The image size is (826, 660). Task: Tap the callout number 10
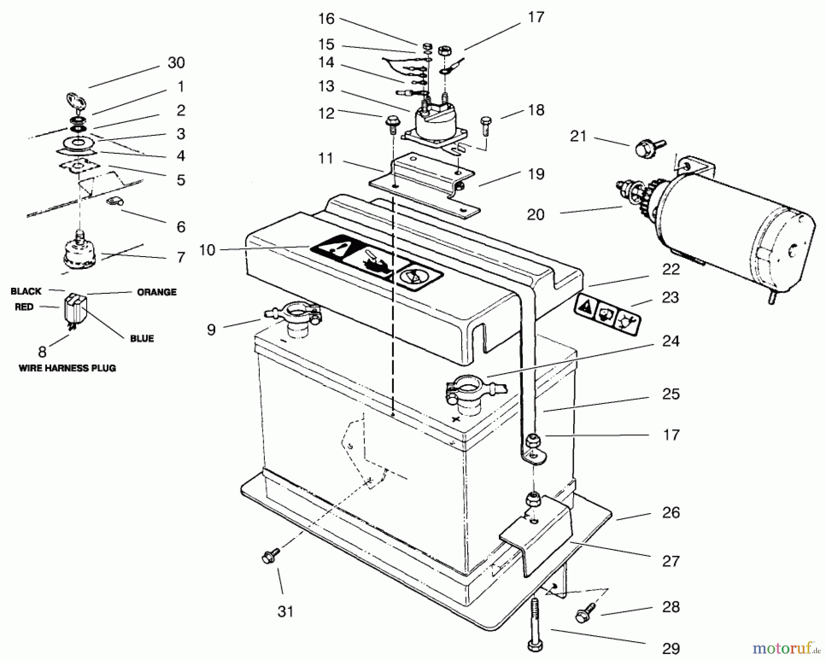point(207,250)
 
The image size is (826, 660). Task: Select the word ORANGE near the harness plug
point(156,292)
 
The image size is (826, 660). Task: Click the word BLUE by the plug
point(142,338)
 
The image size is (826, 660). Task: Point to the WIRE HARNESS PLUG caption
point(67,368)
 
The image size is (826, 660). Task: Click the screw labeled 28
point(584,614)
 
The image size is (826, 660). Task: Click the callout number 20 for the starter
point(535,214)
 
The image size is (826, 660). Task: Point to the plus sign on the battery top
point(455,419)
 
